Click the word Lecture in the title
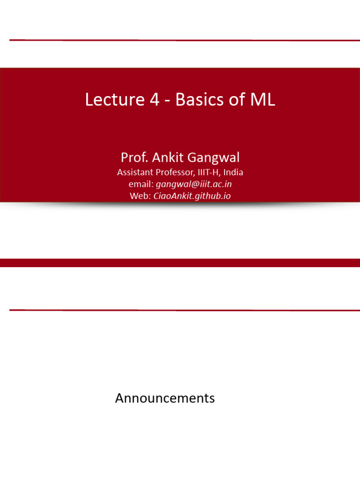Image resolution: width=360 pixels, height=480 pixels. coord(111,99)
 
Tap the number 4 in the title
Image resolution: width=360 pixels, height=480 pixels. coord(155,99)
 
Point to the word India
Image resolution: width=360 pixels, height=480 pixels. coord(233,172)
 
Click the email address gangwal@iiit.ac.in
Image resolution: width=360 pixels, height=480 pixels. coord(194,184)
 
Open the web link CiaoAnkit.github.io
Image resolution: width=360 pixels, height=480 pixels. coord(192,196)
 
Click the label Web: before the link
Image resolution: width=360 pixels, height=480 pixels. coord(140,196)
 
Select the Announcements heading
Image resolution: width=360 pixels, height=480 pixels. coord(165,398)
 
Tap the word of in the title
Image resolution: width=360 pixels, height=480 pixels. coord(236,99)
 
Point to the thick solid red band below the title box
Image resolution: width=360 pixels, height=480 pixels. coord(180,262)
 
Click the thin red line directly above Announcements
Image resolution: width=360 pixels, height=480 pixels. coord(180,310)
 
